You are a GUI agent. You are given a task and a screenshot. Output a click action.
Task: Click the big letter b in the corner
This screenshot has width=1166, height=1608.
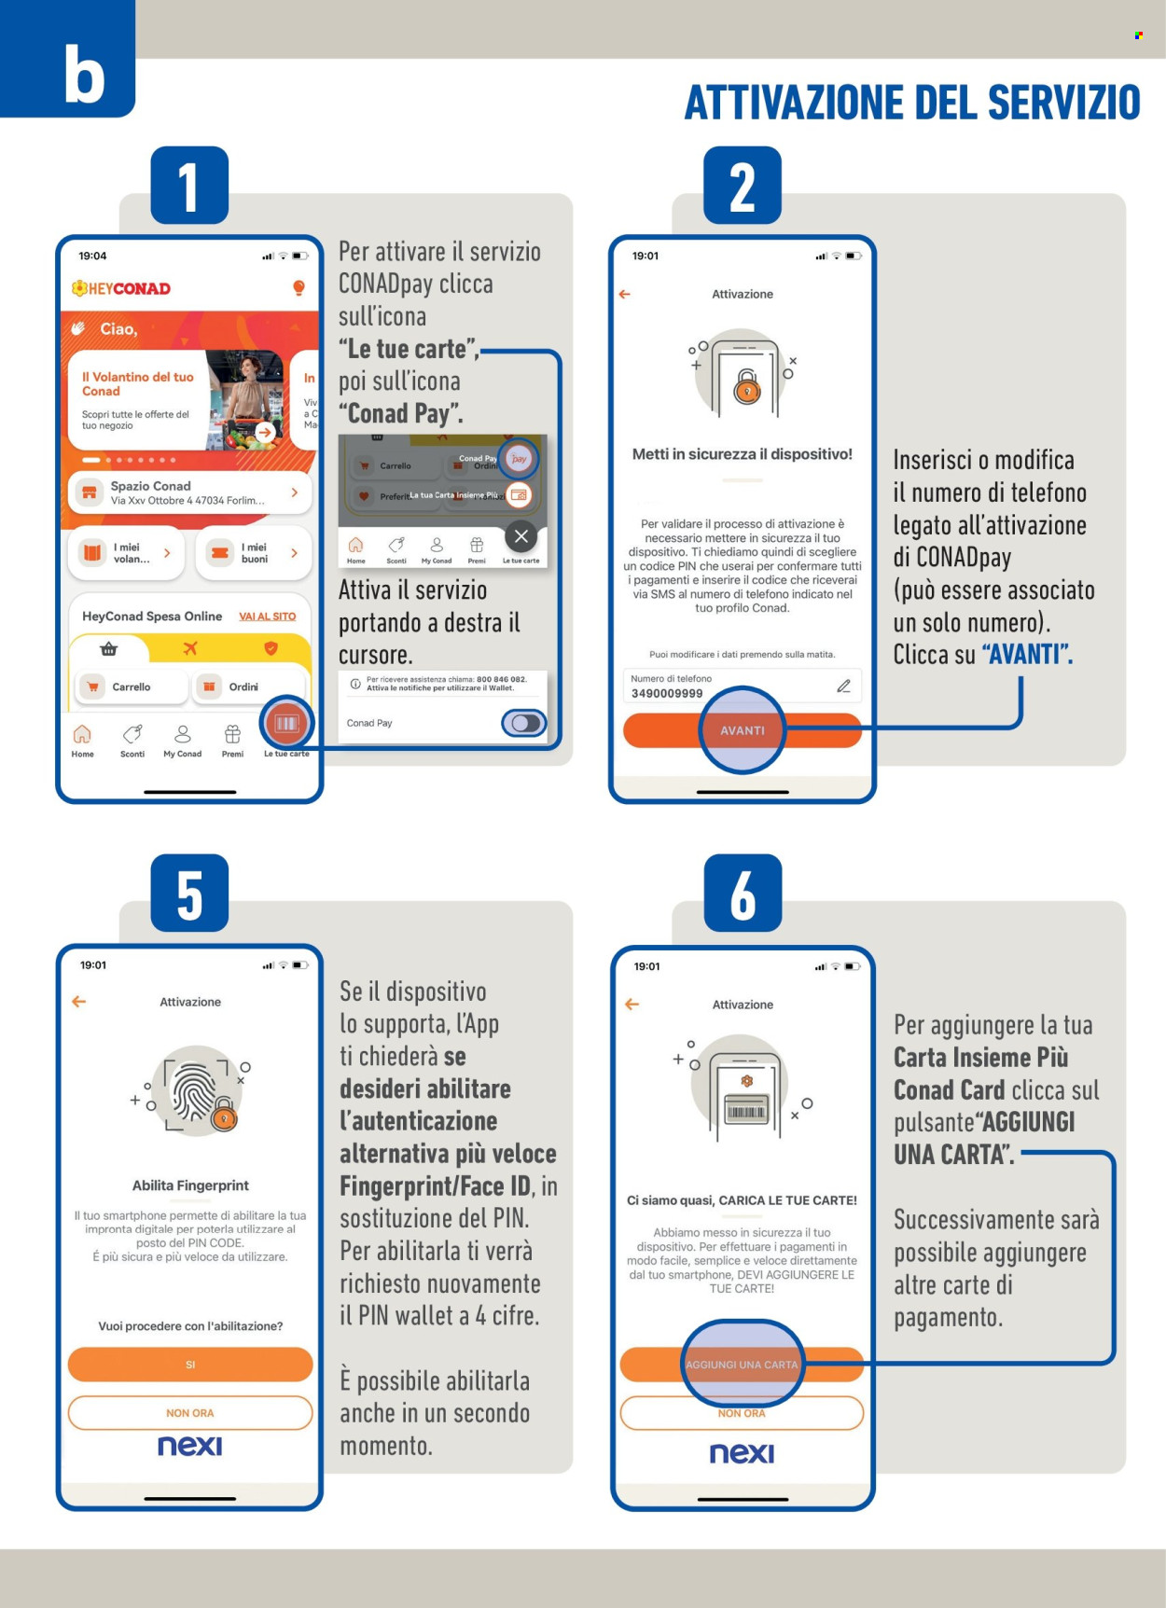[x=83, y=75]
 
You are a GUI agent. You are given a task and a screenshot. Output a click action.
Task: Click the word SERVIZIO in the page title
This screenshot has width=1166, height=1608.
[x=1063, y=103]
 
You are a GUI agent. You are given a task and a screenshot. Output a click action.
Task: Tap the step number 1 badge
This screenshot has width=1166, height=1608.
[x=189, y=187]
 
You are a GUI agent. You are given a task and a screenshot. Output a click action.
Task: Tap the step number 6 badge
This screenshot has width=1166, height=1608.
[x=743, y=894]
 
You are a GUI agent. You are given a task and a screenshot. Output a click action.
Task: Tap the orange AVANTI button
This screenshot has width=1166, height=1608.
[x=742, y=730]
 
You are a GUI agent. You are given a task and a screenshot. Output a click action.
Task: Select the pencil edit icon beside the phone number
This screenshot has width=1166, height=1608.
[x=843, y=686]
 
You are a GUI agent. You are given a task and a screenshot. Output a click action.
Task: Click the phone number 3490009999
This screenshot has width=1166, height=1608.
[x=667, y=693]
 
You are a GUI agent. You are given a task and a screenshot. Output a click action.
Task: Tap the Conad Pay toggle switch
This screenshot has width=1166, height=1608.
[x=524, y=723]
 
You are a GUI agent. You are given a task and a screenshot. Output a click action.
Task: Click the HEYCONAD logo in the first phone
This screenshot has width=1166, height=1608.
[x=121, y=288]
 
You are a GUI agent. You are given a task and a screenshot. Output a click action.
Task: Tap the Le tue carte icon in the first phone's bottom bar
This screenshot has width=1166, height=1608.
[x=286, y=725]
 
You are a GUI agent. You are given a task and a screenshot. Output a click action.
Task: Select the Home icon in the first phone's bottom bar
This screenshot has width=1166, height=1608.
[x=82, y=734]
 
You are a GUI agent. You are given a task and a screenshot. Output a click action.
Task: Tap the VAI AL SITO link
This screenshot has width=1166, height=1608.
[x=267, y=617]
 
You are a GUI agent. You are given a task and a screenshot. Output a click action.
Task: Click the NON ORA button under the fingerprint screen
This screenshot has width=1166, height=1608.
[x=190, y=1412]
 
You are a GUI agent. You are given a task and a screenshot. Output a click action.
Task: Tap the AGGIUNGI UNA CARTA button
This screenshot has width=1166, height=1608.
[x=742, y=1365]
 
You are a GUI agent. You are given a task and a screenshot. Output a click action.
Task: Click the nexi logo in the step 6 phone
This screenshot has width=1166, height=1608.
[x=742, y=1453]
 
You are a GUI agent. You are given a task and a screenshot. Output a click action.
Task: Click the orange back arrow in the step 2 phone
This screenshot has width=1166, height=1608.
[x=625, y=294]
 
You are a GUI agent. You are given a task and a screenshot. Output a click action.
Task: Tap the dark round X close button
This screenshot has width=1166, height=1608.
[x=521, y=536]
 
